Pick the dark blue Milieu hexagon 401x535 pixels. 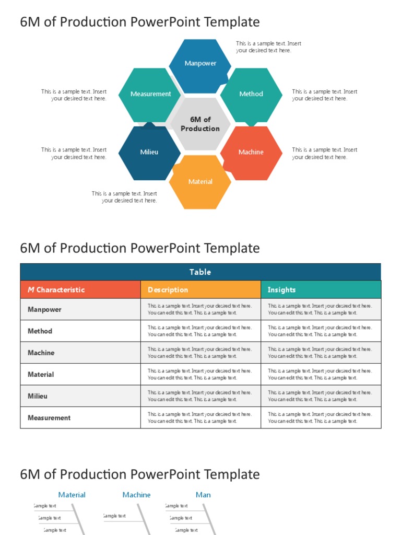(149, 152)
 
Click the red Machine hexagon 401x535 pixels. (251, 152)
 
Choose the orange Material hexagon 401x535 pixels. (200, 182)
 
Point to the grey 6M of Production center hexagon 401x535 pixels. (200, 124)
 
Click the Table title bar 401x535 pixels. (200, 272)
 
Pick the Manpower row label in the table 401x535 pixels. (44, 309)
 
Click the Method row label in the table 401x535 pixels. (40, 331)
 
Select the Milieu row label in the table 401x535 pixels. (38, 396)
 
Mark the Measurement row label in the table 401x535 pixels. (49, 418)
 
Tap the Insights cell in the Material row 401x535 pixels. (320, 374)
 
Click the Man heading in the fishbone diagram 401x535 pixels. (203, 495)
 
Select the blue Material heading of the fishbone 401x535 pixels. (72, 495)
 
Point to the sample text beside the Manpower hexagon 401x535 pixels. (268, 47)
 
